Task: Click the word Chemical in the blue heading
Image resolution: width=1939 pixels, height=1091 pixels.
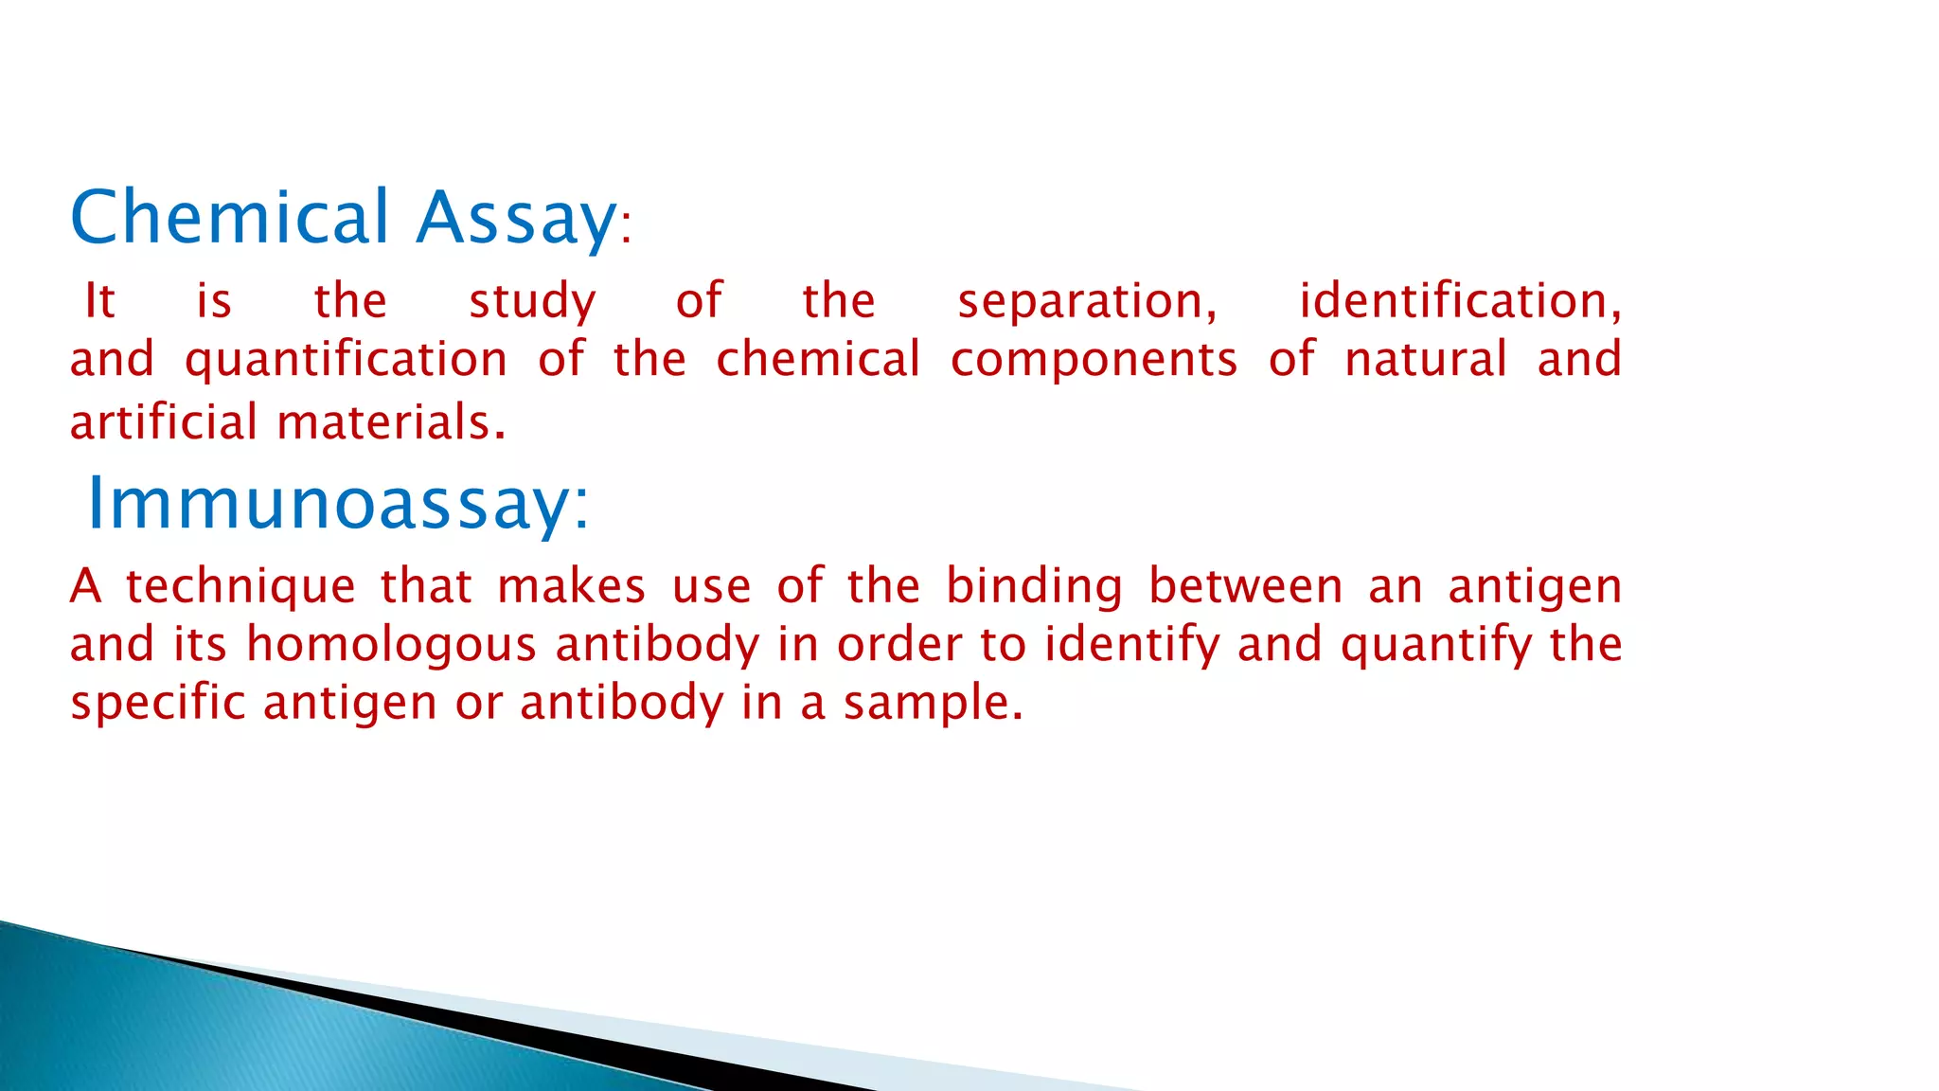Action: pyautogui.click(x=230, y=217)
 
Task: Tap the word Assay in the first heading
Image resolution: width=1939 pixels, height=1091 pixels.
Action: pyautogui.click(x=517, y=219)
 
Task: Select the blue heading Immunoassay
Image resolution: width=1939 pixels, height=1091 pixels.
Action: pyautogui.click(x=337, y=504)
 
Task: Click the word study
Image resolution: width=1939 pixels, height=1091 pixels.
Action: pyautogui.click(x=532, y=302)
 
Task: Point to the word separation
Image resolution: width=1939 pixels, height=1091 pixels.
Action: pyautogui.click(x=1087, y=302)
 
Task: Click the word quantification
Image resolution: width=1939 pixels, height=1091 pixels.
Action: pyautogui.click(x=346, y=361)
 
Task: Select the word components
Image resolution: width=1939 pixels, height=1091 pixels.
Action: pyautogui.click(x=1094, y=361)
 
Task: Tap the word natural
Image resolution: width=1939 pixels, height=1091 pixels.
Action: pyautogui.click(x=1426, y=359)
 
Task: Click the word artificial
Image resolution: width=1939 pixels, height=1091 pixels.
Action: pyautogui.click(x=163, y=422)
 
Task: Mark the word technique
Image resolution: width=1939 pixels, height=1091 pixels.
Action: pyautogui.click(x=240, y=587)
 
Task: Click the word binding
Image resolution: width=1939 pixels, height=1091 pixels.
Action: pyautogui.click(x=1034, y=587)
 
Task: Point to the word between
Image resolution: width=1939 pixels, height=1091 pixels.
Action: pyautogui.click(x=1245, y=586)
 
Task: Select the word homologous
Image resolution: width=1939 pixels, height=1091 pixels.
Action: pyautogui.click(x=391, y=646)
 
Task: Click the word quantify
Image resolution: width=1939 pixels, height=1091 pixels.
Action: pyautogui.click(x=1435, y=646)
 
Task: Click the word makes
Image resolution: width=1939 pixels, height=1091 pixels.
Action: pyautogui.click(x=571, y=586)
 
